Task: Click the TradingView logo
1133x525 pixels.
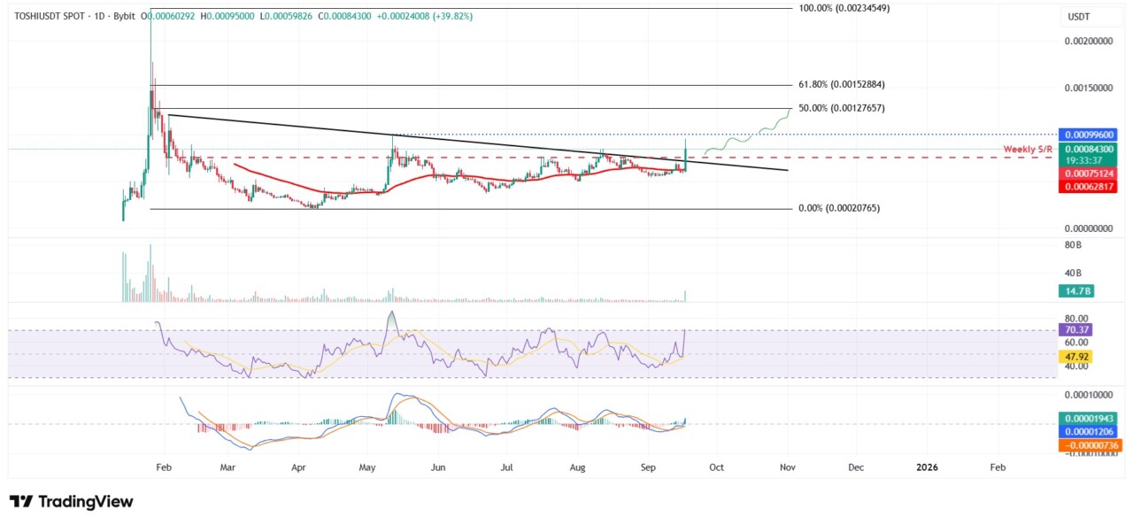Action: [x=71, y=502]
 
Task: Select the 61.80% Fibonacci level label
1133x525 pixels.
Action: [x=842, y=84]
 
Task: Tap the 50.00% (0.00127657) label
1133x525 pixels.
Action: [x=842, y=108]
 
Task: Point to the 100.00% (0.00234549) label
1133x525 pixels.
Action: [x=844, y=8]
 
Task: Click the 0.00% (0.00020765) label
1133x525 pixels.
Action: [x=837, y=208]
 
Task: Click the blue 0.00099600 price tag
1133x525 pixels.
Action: [x=1091, y=135]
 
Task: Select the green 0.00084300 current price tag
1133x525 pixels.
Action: [x=1091, y=150]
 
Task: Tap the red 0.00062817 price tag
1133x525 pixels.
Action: [x=1091, y=186]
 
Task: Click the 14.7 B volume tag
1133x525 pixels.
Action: [x=1078, y=291]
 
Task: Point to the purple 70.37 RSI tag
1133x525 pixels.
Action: [x=1076, y=329]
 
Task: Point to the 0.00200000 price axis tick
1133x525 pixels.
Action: [x=1086, y=42]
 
